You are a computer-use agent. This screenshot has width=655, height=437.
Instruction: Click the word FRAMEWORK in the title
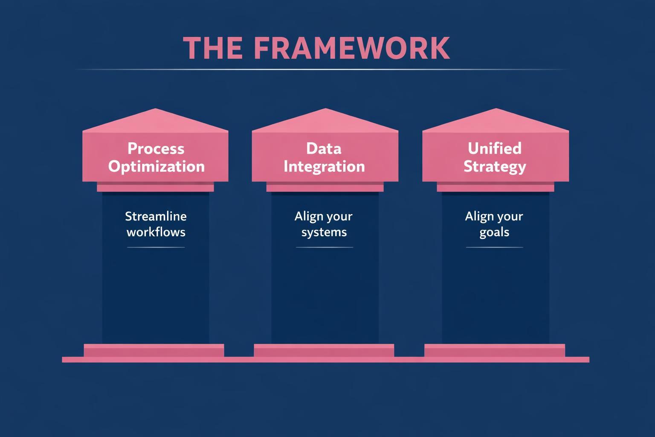click(352, 48)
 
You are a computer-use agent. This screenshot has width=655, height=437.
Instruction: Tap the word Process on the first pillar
click(156, 149)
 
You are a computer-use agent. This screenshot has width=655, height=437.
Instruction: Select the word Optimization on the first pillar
click(156, 166)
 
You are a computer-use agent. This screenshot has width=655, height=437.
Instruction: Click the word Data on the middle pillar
click(324, 149)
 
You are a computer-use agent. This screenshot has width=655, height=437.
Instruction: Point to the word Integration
click(324, 166)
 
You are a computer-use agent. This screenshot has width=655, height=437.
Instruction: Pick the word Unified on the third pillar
click(494, 149)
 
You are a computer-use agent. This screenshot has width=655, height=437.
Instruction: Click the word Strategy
click(495, 166)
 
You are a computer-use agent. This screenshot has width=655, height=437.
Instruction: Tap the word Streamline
click(156, 216)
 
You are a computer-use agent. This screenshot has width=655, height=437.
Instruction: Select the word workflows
click(156, 232)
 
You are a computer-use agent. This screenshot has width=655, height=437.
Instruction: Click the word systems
click(324, 232)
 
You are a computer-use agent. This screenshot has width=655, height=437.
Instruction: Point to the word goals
click(494, 232)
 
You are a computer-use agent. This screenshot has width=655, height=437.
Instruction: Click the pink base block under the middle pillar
click(324, 350)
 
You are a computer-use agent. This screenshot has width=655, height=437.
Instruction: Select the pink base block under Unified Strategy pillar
click(495, 350)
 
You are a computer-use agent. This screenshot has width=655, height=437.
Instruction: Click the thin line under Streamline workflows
click(156, 247)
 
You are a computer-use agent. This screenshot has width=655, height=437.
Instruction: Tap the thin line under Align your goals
click(494, 247)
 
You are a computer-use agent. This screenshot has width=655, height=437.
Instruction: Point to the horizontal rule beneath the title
click(322, 69)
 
